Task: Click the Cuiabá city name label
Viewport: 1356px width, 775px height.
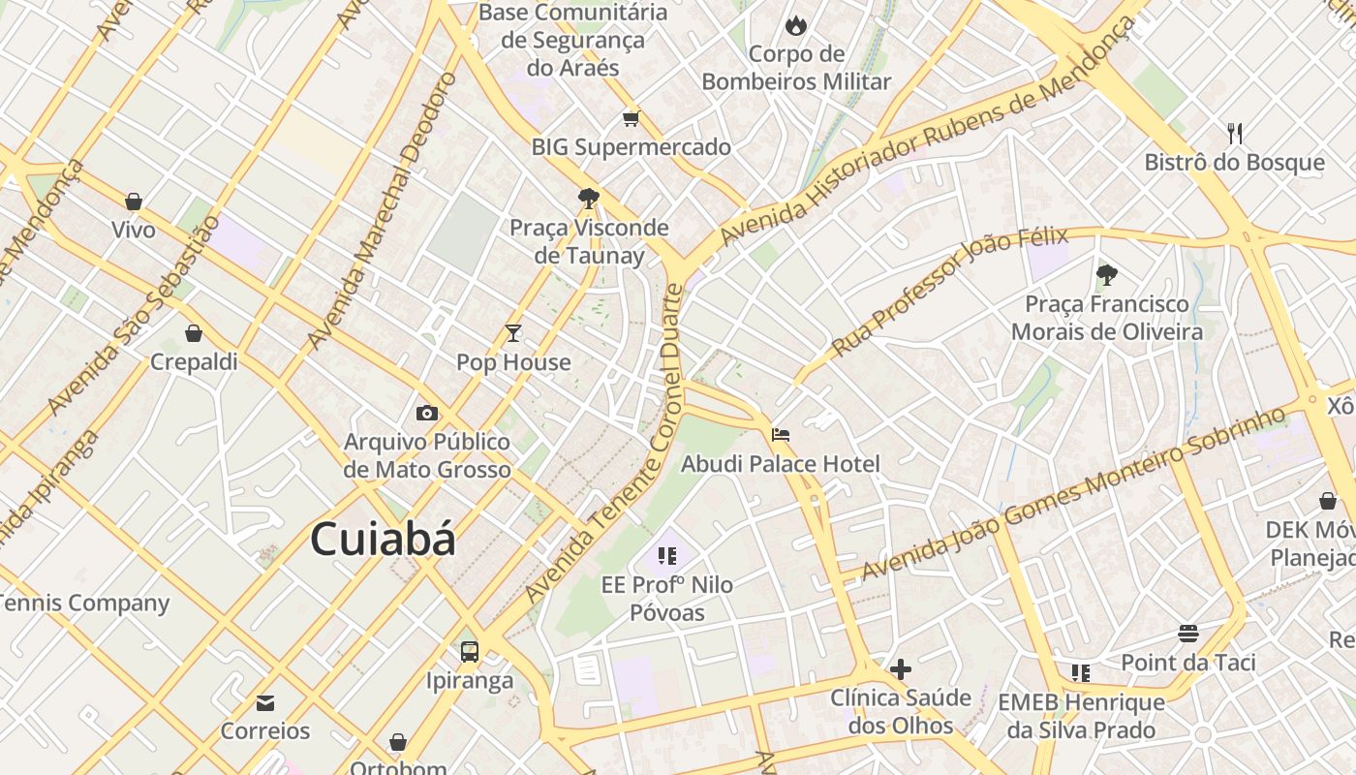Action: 383,540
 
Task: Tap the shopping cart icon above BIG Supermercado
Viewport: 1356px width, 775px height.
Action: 632,118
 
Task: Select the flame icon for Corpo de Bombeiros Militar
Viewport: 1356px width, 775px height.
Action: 796,25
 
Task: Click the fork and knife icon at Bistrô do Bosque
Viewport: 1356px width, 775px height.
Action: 1234,133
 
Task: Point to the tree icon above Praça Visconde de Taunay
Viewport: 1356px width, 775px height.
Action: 588,199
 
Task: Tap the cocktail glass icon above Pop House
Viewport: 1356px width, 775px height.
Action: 513,333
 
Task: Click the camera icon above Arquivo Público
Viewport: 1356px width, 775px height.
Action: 427,414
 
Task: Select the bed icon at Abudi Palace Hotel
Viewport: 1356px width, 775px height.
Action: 781,435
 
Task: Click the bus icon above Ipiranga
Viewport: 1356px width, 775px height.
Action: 470,651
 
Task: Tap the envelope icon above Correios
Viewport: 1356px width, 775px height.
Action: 264,702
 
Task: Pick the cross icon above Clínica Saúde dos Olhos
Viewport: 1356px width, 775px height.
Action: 901,668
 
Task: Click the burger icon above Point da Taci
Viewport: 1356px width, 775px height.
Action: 1188,634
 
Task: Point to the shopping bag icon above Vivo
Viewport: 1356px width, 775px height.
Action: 134,201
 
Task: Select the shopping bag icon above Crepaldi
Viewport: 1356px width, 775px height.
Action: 194,333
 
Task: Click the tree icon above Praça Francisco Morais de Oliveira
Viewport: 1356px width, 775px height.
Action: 1106,275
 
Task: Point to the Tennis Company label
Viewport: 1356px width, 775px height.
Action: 83,603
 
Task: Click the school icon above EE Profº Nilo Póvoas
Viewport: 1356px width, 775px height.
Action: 667,556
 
